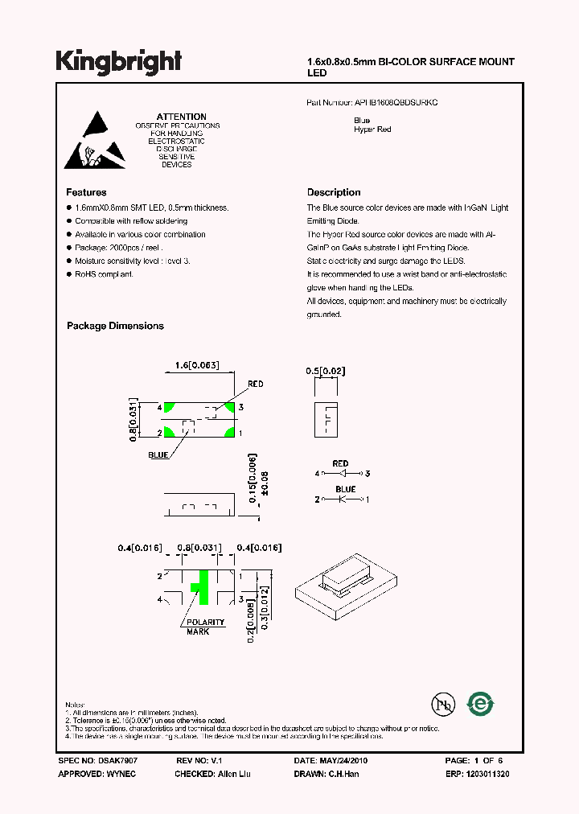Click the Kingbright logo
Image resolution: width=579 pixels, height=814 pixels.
coord(118,62)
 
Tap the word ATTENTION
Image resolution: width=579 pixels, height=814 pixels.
coord(181,117)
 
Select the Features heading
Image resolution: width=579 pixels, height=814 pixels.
coord(86,192)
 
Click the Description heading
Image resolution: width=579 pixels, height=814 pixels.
coord(334,192)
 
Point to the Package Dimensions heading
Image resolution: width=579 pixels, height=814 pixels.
coord(115,326)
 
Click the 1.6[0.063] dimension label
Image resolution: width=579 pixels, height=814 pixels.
coord(197,365)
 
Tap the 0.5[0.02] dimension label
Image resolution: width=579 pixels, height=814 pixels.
coord(325,370)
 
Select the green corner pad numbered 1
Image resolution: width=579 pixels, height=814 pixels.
coord(230,433)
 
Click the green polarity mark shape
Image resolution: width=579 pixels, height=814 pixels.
coord(200,589)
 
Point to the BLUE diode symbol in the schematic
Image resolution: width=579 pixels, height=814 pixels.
coord(341,499)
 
